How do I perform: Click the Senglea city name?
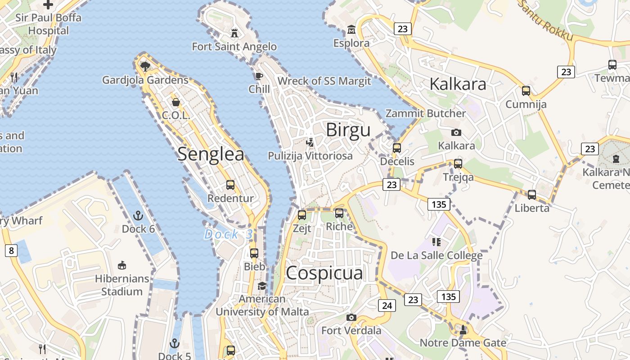[211, 154]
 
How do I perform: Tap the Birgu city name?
[348, 130]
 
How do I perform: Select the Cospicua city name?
[324, 273]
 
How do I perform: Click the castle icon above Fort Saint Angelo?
[234, 33]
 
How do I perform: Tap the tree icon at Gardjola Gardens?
[145, 67]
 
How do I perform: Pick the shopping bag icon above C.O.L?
[176, 102]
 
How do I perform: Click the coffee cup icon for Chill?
[259, 76]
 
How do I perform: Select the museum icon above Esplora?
[351, 30]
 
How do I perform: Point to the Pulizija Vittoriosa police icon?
[310, 143]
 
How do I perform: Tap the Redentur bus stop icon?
[230, 184]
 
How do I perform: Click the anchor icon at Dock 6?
[138, 216]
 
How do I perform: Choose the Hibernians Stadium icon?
[121, 265]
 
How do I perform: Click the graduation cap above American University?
[262, 286]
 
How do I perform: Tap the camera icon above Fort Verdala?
[351, 317]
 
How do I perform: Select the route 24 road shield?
[387, 306]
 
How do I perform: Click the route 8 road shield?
[11, 251]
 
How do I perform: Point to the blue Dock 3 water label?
[229, 234]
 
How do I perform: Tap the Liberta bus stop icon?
[532, 195]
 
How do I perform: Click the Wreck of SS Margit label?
[324, 81]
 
